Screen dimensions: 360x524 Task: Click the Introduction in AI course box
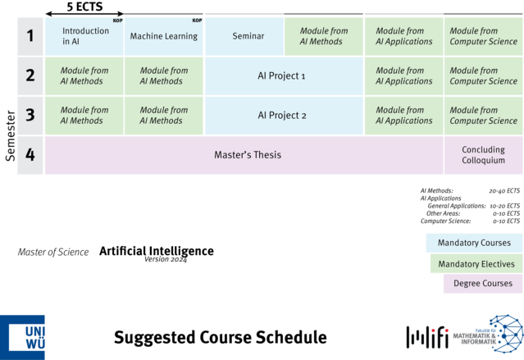(84, 36)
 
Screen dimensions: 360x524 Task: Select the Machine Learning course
(163, 36)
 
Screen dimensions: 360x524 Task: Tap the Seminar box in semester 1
(247, 36)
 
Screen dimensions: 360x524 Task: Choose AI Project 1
(281, 76)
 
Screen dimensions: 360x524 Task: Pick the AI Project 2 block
(281, 116)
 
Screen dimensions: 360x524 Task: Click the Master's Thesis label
(248, 155)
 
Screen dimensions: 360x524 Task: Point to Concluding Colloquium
(483, 155)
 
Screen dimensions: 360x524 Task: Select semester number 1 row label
(30, 36)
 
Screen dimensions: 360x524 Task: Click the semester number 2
(30, 76)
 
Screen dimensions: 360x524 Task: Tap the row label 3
(30, 116)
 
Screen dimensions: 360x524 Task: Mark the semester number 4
(30, 155)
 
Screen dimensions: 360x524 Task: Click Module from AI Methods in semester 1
(323, 36)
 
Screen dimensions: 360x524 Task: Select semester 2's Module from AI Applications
(403, 76)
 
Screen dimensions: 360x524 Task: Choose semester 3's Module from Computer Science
(483, 116)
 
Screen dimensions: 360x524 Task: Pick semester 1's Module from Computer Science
(483, 36)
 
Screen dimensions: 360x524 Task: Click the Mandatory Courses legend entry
(474, 243)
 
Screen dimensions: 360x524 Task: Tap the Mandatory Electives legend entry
(476, 264)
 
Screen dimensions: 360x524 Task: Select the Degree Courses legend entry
(482, 284)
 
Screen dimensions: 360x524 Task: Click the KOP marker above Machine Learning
(197, 21)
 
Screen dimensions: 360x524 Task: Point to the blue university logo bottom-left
(23, 336)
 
